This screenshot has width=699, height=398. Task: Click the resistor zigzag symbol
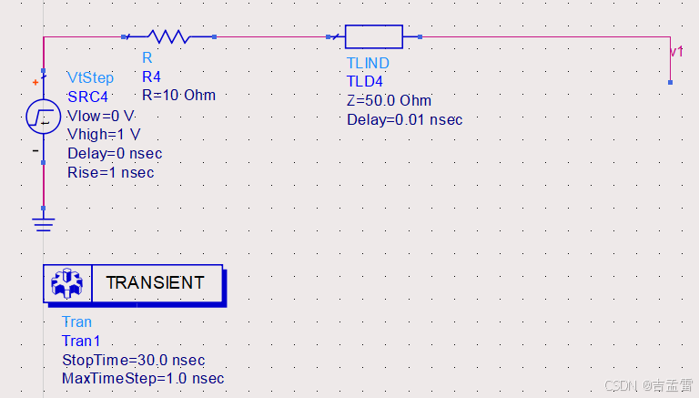tap(167, 37)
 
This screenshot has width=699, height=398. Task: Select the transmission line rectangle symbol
tap(373, 37)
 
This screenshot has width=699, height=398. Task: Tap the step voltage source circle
tap(44, 116)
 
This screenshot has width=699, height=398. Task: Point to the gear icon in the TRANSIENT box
tap(68, 283)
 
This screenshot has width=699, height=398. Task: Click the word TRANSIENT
tap(155, 283)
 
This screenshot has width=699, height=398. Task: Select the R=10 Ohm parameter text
tap(178, 95)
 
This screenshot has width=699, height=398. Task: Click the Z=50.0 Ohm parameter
tap(389, 100)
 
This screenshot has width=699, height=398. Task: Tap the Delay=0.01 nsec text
tap(404, 119)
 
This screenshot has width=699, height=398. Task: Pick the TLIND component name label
tap(368, 63)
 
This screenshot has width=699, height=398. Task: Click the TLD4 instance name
tap(365, 81)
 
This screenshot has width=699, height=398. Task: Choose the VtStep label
tap(91, 77)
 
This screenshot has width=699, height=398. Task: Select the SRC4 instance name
tap(87, 97)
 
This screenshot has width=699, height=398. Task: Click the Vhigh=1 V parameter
tap(104, 135)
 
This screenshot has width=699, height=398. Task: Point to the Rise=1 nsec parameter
tap(111, 172)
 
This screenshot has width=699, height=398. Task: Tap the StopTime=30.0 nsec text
tap(133, 360)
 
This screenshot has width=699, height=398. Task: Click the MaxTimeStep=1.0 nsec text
tap(143, 378)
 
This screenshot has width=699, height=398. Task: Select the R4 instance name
tap(151, 77)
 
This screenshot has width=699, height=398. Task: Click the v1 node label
tap(675, 53)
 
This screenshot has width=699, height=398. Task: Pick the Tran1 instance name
tap(80, 341)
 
